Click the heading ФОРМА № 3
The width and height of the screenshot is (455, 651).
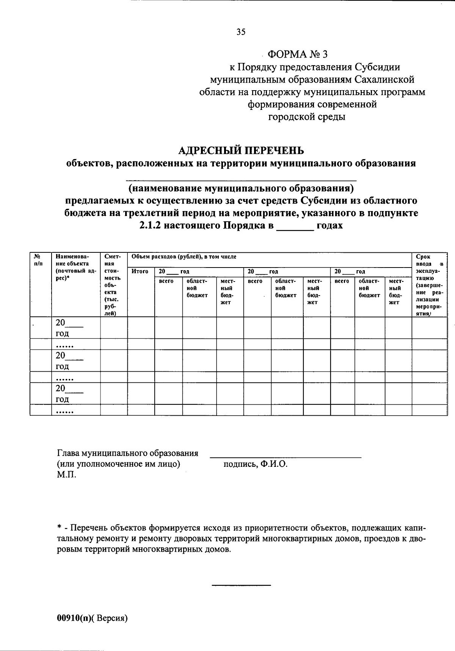(x=297, y=54)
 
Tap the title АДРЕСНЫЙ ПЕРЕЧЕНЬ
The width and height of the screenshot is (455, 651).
(x=241, y=151)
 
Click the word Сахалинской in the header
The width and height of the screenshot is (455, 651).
(x=384, y=80)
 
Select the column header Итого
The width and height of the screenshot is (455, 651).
(x=140, y=271)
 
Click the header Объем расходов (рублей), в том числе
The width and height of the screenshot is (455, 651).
(x=184, y=257)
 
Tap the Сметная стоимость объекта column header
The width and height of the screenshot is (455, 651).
(x=113, y=284)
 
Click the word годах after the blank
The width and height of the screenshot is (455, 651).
(x=329, y=225)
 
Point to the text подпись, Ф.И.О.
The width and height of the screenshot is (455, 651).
(x=256, y=464)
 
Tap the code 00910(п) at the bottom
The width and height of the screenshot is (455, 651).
(x=75, y=618)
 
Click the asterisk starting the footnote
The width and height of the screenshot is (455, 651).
(x=59, y=528)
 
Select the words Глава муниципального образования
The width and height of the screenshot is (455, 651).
(x=127, y=454)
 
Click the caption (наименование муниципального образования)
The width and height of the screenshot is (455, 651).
(x=241, y=188)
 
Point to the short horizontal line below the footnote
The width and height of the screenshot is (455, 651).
(x=241, y=586)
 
